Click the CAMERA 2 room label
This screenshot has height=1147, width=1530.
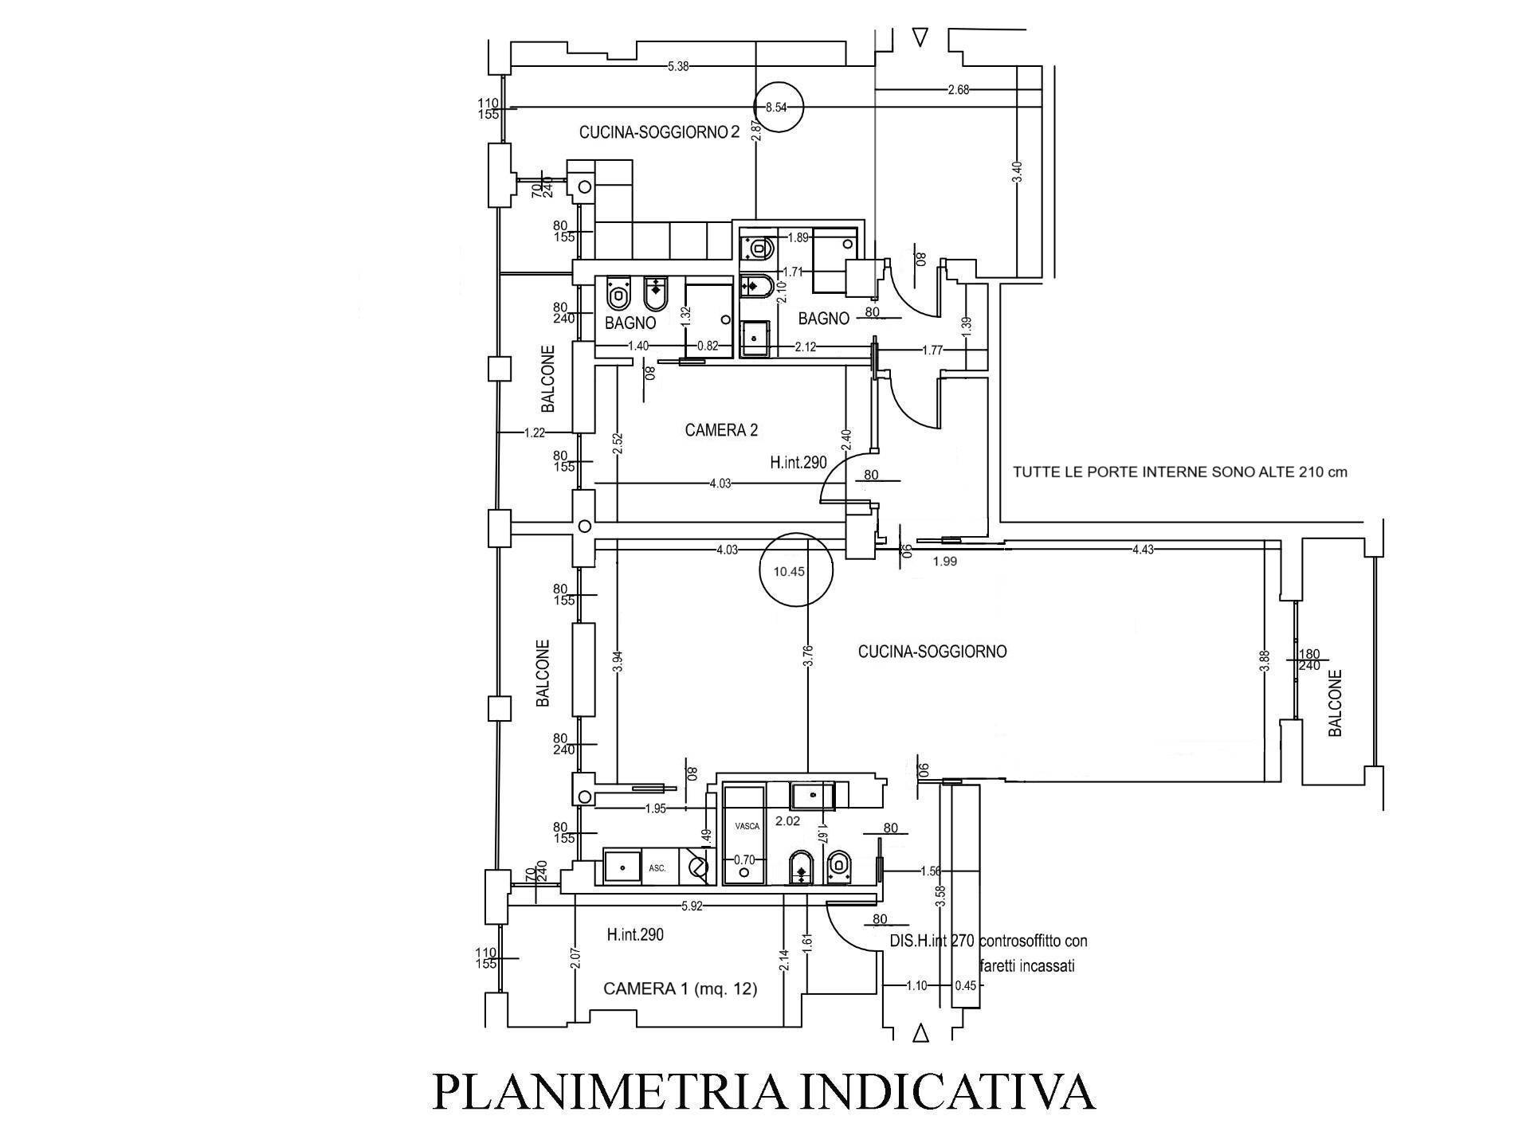[721, 430]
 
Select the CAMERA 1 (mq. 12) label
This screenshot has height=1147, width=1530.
[681, 989]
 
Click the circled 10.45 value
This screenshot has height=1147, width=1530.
[789, 571]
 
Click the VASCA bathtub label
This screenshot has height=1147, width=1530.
[747, 826]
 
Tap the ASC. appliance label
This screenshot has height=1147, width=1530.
[657, 868]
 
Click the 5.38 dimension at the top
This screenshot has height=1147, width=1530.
[678, 67]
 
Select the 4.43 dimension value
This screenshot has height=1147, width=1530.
[1144, 549]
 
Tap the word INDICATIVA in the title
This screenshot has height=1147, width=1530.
[950, 1092]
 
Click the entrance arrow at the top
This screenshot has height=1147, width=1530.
[922, 37]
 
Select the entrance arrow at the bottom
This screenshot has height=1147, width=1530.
[922, 1034]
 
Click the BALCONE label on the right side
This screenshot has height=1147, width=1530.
[1336, 703]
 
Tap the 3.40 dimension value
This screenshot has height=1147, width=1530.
[1017, 171]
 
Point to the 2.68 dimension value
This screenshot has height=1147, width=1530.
[959, 90]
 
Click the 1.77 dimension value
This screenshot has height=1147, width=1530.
[933, 350]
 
